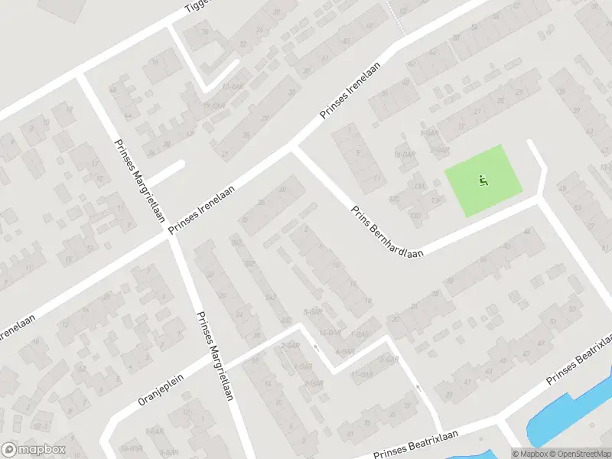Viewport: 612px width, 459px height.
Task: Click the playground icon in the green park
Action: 483,181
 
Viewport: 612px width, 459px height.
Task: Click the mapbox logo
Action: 34,450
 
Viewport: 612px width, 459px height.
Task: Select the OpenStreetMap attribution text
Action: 578,453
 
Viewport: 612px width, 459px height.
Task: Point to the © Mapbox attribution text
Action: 529,453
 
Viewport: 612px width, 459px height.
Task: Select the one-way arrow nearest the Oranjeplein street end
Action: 316,348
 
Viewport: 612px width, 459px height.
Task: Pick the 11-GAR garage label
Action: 361,375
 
